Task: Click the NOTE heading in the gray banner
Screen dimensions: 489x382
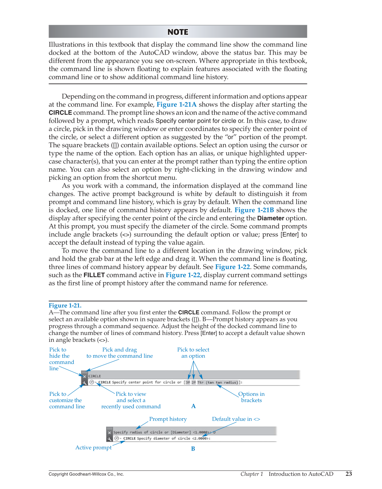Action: [x=178, y=32]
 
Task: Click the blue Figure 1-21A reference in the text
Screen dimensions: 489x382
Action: [x=176, y=104]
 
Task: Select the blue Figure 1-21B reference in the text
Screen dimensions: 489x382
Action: [x=254, y=210]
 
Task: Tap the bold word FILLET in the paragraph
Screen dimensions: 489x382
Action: [x=94, y=275]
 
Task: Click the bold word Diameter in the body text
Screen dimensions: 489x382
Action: [x=271, y=218]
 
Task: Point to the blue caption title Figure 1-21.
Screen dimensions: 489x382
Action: [x=65, y=306]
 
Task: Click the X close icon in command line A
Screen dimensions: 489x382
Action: [x=85, y=376]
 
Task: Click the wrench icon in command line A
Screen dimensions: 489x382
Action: [x=85, y=383]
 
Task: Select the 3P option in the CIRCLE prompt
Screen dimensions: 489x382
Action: [x=188, y=383]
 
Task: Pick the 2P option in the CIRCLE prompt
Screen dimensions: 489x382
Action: [x=194, y=383]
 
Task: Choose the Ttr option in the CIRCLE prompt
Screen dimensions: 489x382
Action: [x=201, y=383]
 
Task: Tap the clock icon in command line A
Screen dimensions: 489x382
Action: [x=92, y=382]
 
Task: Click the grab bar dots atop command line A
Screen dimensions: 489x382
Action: [x=85, y=372]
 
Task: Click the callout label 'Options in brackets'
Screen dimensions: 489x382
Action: [x=251, y=397]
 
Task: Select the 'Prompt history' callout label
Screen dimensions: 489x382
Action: [x=168, y=419]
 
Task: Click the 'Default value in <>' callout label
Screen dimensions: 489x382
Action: [x=236, y=419]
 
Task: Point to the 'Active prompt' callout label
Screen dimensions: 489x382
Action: [x=94, y=447]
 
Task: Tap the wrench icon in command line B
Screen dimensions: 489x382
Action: [x=110, y=439]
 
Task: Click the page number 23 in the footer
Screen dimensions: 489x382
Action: [x=349, y=474]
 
